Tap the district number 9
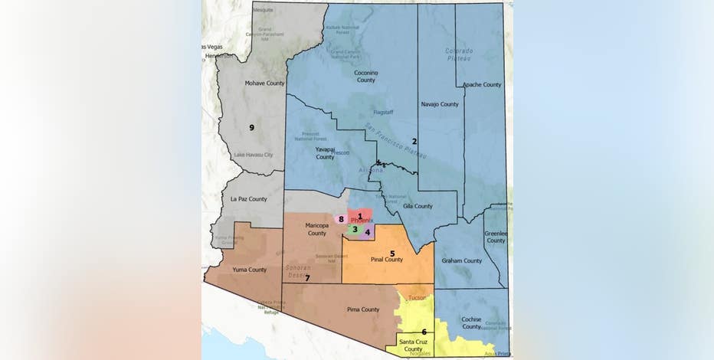251,126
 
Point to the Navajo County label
440,104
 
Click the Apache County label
482,85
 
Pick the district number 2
414,141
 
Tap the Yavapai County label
325,153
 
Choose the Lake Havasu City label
254,155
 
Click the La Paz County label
249,199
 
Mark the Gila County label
418,206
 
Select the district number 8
341,220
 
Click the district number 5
392,253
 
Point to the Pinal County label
387,260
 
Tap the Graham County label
462,260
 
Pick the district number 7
307,278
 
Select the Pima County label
363,309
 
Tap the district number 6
424,332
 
